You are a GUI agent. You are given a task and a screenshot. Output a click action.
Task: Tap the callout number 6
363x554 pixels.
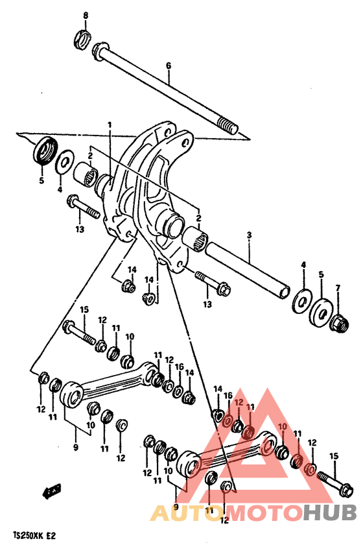[168, 66]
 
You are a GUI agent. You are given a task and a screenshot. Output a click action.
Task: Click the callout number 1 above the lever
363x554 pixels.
[110, 125]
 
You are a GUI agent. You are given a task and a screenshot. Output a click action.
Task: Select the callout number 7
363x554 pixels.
[337, 287]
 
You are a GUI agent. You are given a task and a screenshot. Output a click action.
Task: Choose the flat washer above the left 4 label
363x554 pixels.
[64, 162]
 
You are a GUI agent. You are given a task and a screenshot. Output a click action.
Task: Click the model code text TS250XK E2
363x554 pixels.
[34, 537]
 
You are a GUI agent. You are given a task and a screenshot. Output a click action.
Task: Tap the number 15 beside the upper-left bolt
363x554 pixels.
[84, 309]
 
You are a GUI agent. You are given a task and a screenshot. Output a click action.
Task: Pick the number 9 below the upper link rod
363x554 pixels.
[76, 447]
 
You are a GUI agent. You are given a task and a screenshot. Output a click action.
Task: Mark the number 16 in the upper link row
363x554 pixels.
[180, 367]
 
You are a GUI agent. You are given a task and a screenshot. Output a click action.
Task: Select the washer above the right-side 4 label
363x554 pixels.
[301, 300]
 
